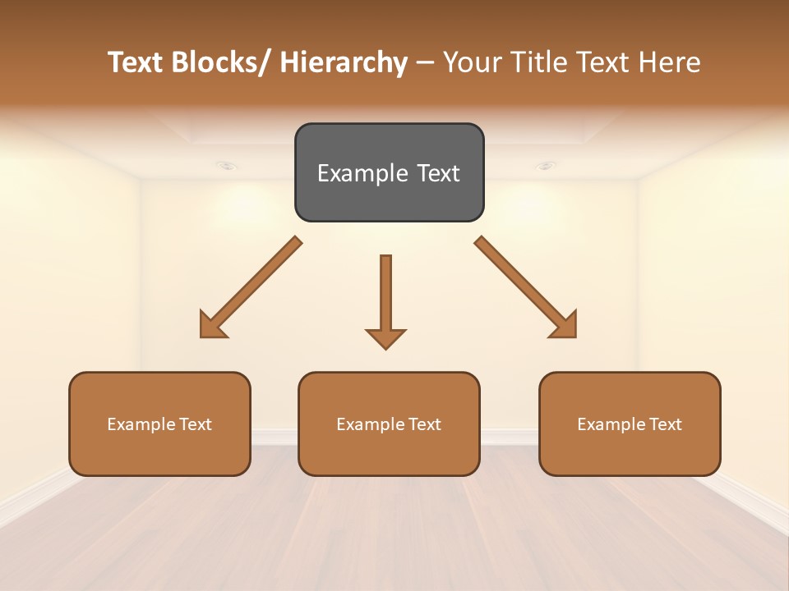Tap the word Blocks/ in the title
coord(221,63)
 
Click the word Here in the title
coord(669,63)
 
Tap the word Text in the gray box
coord(437,173)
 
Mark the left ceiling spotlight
coord(228,166)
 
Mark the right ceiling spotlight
coord(546,166)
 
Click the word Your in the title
coord(472,63)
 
